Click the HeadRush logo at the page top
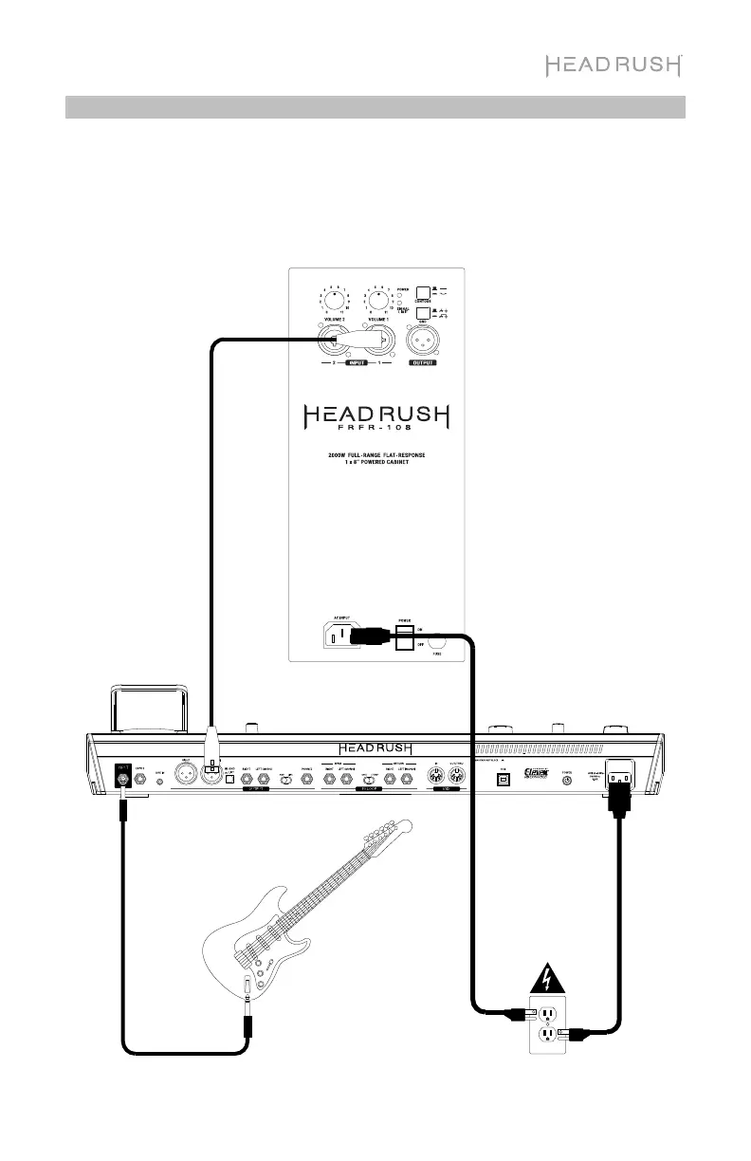click(x=614, y=65)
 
